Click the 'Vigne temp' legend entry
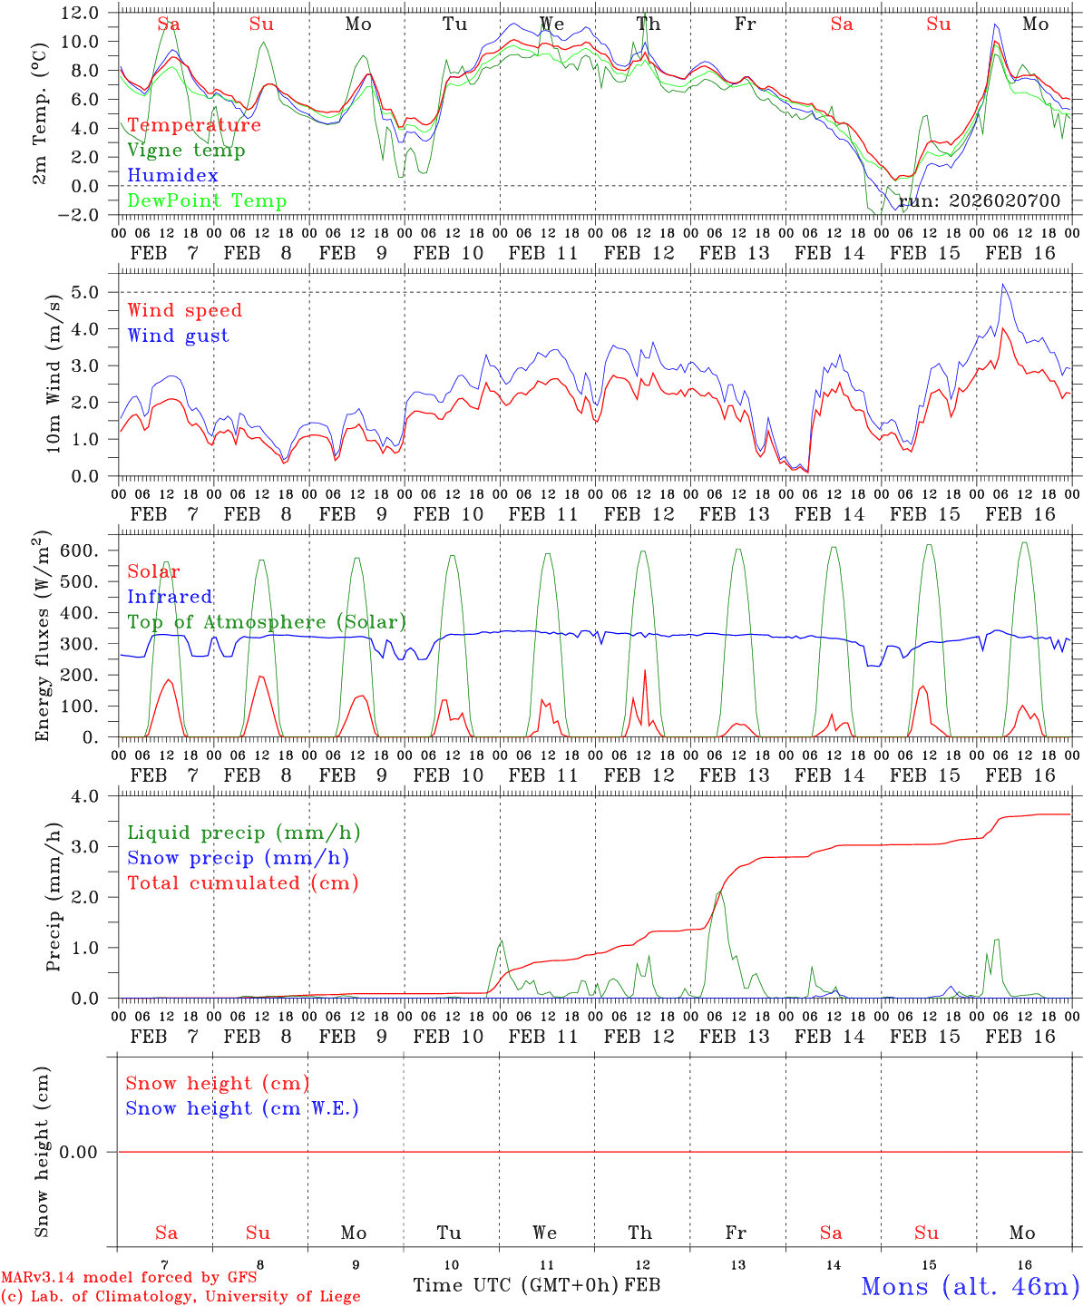pyautogui.click(x=186, y=151)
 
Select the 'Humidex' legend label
pyautogui.click(x=172, y=175)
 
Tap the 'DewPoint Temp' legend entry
pyautogui.click(x=207, y=200)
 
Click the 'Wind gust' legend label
pyautogui.click(x=178, y=336)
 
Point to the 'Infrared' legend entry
pyautogui.click(x=170, y=597)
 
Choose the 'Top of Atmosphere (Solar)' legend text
pyautogui.click(x=267, y=622)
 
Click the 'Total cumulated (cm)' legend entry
pyautogui.click(x=243, y=882)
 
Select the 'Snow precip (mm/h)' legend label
pyautogui.click(x=238, y=858)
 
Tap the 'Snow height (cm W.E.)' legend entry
pyautogui.click(x=242, y=1108)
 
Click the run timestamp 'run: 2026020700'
pyautogui.click(x=980, y=200)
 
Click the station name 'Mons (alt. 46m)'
pyautogui.click(x=970, y=1286)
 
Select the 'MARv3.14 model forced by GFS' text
pyautogui.click(x=129, y=1278)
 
